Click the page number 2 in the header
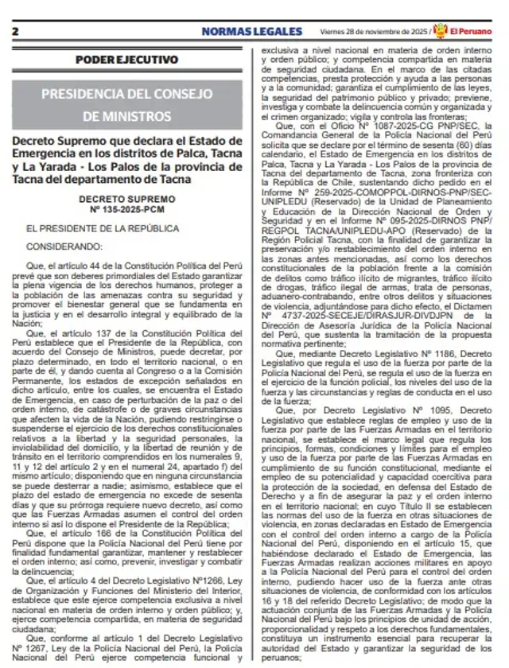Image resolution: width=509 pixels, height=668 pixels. click(15, 31)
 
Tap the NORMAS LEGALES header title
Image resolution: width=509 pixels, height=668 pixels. click(251, 31)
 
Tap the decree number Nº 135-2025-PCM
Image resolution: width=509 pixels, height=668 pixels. click(127, 209)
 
